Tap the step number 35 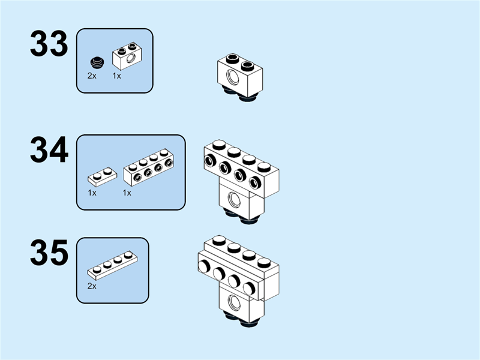tap(49, 253)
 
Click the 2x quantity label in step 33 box tap(92, 76)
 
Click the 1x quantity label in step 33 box tap(117, 76)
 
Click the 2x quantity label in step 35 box tap(92, 286)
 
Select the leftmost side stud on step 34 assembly tap(211, 160)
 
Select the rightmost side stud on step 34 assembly tap(256, 182)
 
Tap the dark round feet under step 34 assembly tap(239, 217)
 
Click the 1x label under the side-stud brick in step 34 tap(127, 193)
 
